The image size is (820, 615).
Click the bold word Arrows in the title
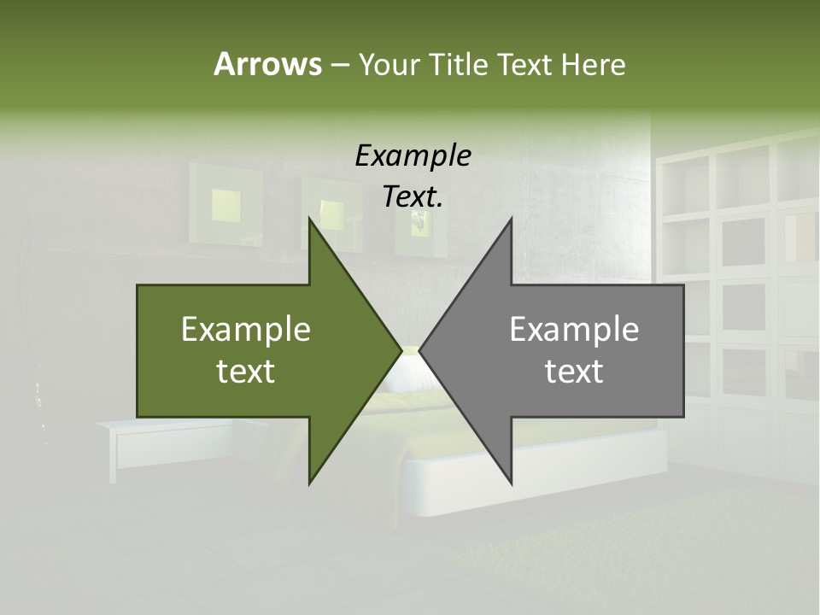266,64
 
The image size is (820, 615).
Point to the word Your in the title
388,64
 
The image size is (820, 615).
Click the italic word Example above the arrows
413,155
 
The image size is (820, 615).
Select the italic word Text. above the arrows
413,196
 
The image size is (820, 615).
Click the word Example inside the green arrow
245,330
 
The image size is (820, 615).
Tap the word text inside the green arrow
245,372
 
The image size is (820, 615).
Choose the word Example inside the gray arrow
574,330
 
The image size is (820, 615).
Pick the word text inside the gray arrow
574,372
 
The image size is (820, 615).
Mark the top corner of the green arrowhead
310,220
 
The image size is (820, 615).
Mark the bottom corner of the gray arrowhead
511,483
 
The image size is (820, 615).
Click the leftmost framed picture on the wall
225,202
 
